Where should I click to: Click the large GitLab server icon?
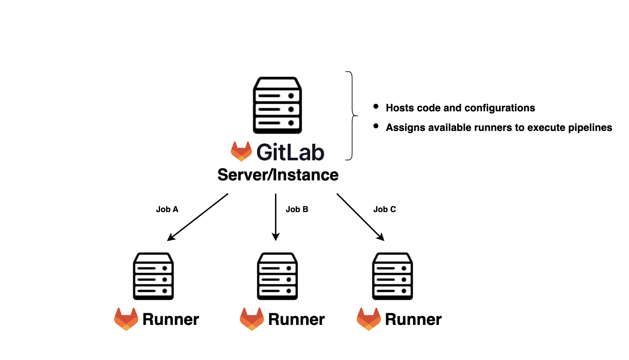pyautogui.click(x=277, y=105)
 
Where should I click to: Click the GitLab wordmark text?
pyautogui.click(x=290, y=152)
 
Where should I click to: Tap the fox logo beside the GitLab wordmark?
pyautogui.click(x=241, y=151)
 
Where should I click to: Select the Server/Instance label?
pyautogui.click(x=278, y=175)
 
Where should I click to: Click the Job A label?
pyautogui.click(x=167, y=209)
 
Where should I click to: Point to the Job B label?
pyautogui.click(x=297, y=209)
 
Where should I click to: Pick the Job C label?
pyautogui.click(x=384, y=209)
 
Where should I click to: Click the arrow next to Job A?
pyautogui.click(x=198, y=217)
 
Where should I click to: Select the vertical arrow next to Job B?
pyautogui.click(x=276, y=217)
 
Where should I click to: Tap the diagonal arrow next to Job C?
pyautogui.click(x=360, y=217)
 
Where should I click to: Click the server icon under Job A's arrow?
pyautogui.click(x=153, y=276)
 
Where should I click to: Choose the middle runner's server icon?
pyautogui.click(x=277, y=276)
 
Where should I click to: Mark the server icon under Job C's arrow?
pyautogui.click(x=392, y=276)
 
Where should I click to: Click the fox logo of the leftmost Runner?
pyautogui.click(x=126, y=319)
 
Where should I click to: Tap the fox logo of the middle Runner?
pyautogui.click(x=252, y=319)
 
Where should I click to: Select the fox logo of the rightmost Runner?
pyautogui.click(x=369, y=319)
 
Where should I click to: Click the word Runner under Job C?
pyautogui.click(x=413, y=320)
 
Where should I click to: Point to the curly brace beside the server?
pyautogui.click(x=352, y=115)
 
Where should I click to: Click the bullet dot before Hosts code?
pyautogui.click(x=376, y=106)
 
